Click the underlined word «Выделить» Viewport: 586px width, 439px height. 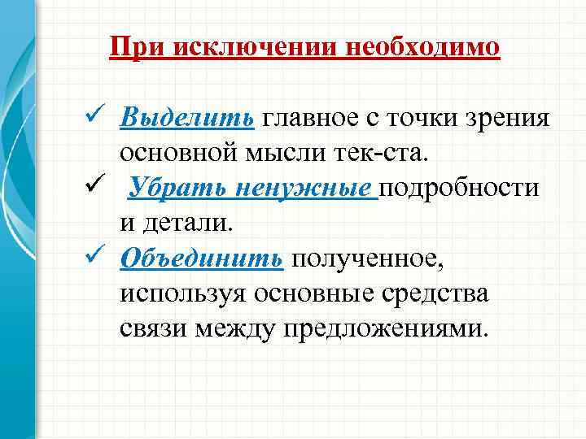[x=187, y=119]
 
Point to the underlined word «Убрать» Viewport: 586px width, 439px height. [x=174, y=189]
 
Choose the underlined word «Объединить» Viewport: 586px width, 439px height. [x=201, y=259]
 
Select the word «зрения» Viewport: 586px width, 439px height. [x=509, y=119]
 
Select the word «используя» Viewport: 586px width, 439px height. [x=182, y=293]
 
